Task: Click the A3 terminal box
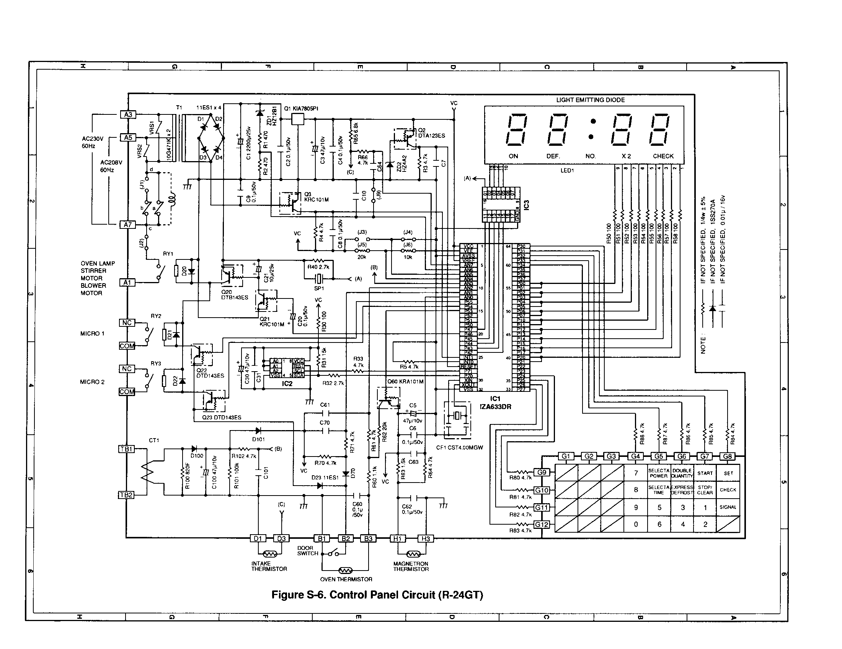pyautogui.click(x=128, y=114)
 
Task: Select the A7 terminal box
pyautogui.click(x=127, y=224)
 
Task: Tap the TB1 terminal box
pyautogui.click(x=126, y=449)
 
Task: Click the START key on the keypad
pyautogui.click(x=705, y=473)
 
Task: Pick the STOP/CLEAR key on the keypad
pyautogui.click(x=705, y=490)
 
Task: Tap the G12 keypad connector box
pyautogui.click(x=541, y=524)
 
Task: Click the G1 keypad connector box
pyautogui.click(x=566, y=456)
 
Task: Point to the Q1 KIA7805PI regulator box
pyautogui.click(x=297, y=119)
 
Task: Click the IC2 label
pyautogui.click(x=287, y=384)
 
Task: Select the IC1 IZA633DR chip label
pyautogui.click(x=495, y=403)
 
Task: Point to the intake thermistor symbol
pyautogui.click(x=269, y=554)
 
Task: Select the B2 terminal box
pyautogui.click(x=346, y=538)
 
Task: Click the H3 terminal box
pyautogui.click(x=426, y=538)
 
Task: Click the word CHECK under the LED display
pyautogui.click(x=663, y=156)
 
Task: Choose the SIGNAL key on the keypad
pyautogui.click(x=728, y=507)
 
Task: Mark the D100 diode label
pyautogui.click(x=197, y=456)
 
